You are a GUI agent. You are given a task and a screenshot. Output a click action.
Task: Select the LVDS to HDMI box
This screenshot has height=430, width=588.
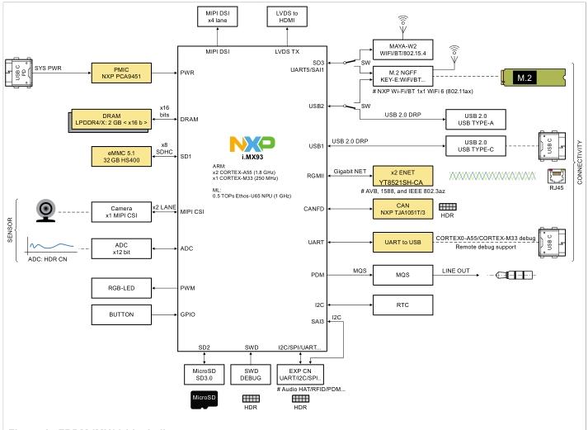[x=287, y=17]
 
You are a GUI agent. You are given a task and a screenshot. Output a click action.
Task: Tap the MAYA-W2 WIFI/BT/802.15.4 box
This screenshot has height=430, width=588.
[x=407, y=51]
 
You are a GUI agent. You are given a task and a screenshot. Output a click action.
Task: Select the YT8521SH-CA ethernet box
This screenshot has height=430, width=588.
[x=407, y=176]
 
